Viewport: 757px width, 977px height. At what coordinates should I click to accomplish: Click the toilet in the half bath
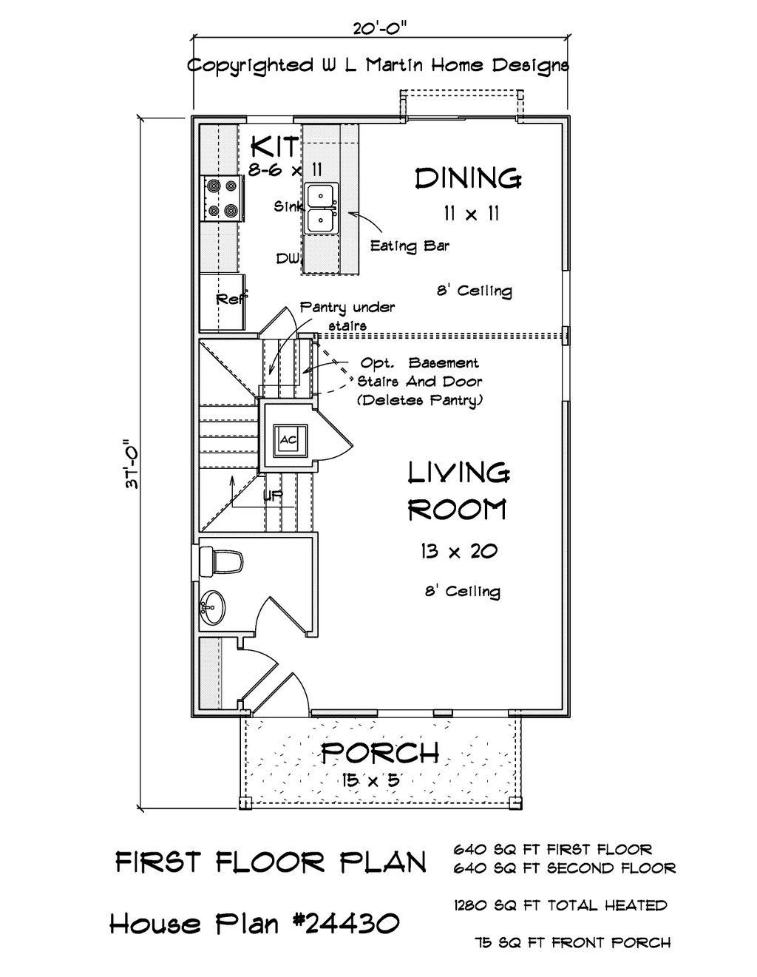coord(221,561)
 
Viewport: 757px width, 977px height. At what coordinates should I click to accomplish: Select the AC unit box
coord(288,439)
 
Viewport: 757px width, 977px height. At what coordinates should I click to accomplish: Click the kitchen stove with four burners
coord(221,198)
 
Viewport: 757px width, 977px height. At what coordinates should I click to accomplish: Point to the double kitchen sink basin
coord(322,208)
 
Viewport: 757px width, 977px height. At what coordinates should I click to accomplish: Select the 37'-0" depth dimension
coord(132,464)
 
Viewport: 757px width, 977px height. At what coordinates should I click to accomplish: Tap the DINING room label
coord(468,178)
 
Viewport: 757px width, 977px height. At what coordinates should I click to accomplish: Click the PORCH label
coord(380,752)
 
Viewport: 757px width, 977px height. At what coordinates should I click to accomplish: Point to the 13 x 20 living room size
coord(458,551)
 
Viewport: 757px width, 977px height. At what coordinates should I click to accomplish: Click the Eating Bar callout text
coord(410,246)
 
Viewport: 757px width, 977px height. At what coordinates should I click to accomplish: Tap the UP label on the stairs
coord(273,496)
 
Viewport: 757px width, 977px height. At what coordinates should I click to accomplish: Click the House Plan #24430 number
coord(254,924)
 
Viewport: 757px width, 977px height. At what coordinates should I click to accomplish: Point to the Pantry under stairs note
coord(347,316)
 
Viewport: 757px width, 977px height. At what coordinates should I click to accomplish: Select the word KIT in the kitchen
coord(274,146)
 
